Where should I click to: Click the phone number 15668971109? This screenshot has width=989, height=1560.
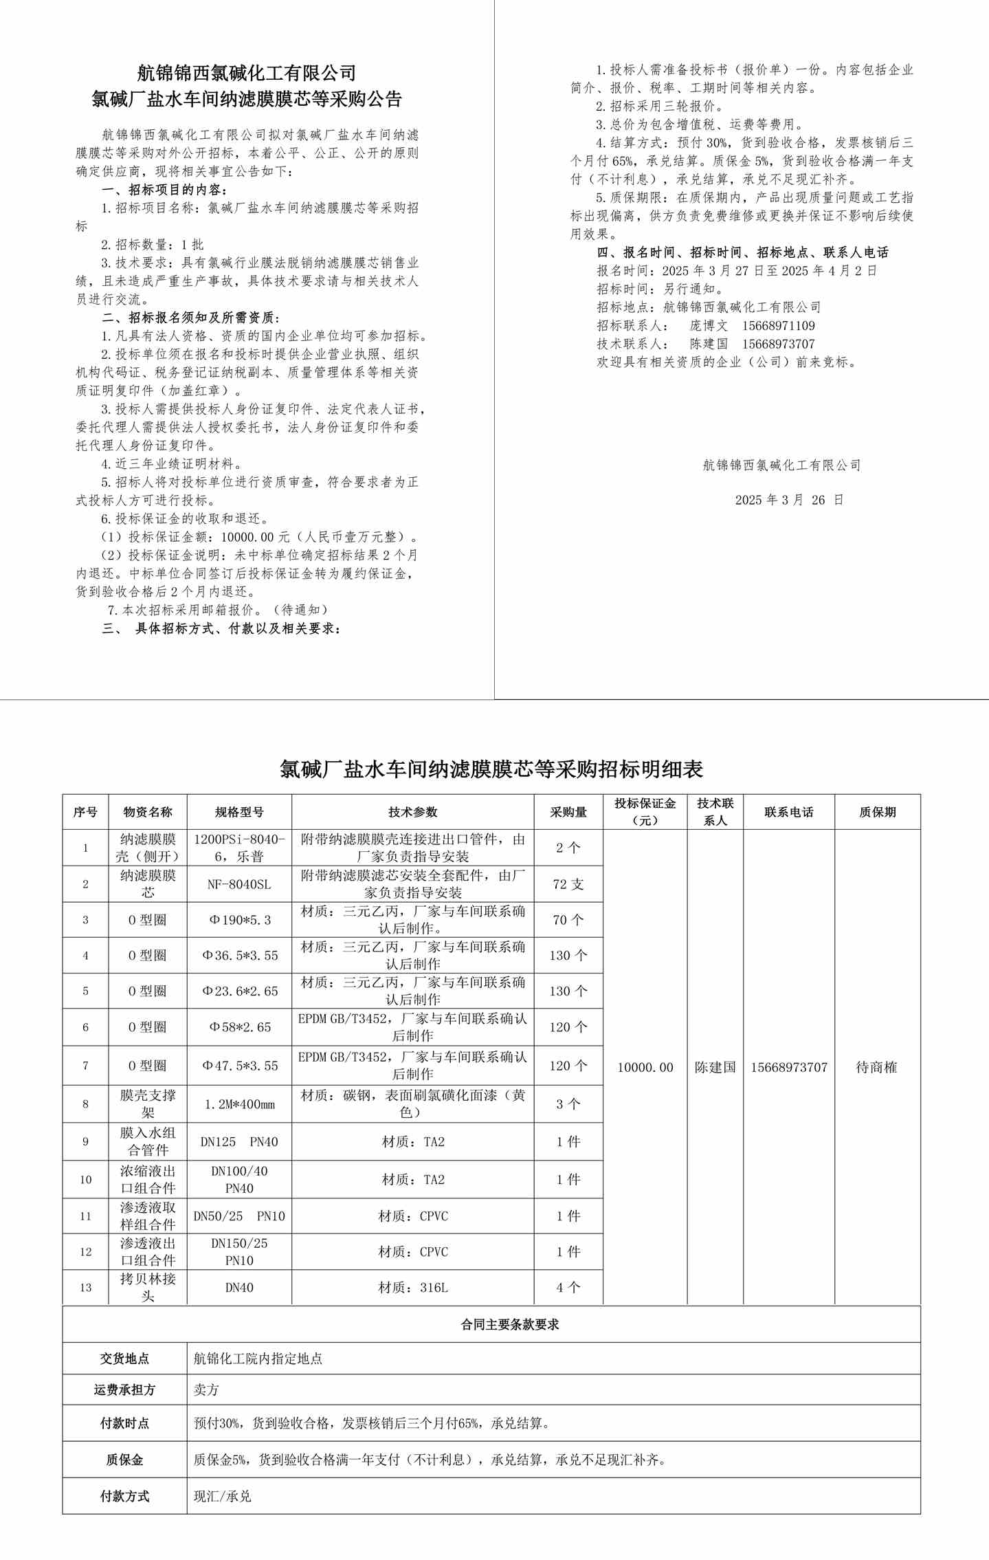tap(778, 326)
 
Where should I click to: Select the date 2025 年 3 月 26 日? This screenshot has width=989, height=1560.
tap(789, 500)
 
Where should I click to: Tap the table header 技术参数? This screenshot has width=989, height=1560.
tap(412, 812)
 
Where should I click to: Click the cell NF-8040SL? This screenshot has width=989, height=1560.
tap(239, 884)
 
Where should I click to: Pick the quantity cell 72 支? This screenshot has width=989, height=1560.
tap(568, 884)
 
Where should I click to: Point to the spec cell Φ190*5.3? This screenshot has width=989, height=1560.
tap(239, 920)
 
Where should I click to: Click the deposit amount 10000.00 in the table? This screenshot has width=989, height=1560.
tap(645, 1067)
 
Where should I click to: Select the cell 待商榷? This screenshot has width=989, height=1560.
tap(876, 1067)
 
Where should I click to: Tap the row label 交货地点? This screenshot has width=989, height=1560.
tap(124, 1359)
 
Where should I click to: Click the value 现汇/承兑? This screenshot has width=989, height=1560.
tap(223, 1496)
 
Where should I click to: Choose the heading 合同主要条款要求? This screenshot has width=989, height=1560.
tap(509, 1324)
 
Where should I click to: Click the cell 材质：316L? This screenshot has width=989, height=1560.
tap(412, 1287)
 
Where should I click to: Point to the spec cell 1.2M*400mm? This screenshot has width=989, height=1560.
tap(239, 1104)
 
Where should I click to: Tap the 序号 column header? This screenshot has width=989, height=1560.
tap(85, 812)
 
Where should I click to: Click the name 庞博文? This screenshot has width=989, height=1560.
tap(709, 326)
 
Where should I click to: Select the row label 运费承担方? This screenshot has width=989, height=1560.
tap(124, 1389)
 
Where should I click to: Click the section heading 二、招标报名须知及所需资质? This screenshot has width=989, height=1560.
tap(191, 318)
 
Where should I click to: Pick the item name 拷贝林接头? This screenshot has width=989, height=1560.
tap(148, 1287)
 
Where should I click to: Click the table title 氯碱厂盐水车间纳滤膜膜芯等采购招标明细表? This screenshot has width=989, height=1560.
tap(491, 769)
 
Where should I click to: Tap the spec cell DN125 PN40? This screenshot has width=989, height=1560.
tap(239, 1142)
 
